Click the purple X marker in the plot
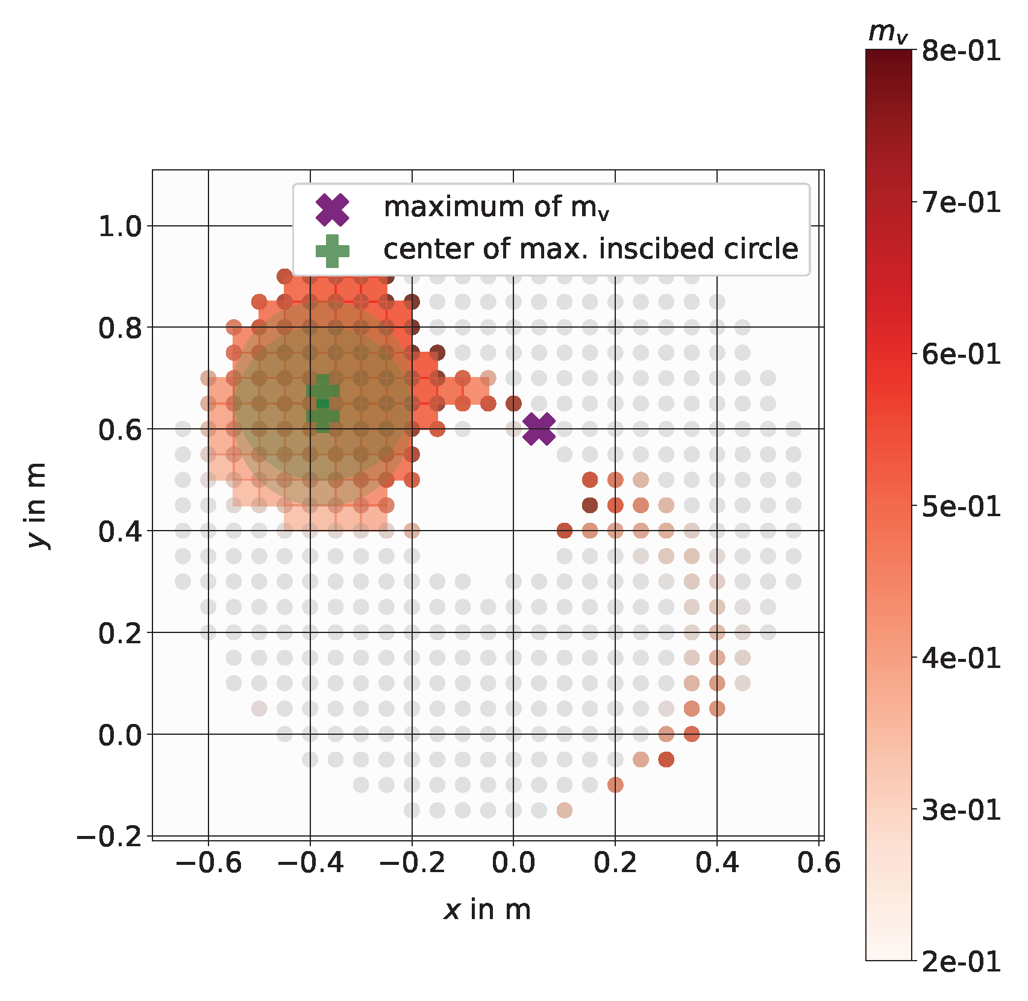pos(539,429)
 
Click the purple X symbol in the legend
pos(333,209)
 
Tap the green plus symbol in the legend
pos(333,251)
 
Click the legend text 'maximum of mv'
pos(497,207)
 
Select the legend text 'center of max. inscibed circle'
pos(591,249)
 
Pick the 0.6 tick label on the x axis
pos(818,862)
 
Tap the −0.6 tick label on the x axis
pos(208,862)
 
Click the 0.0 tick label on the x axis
pos(513,862)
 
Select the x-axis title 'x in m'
pos(487,909)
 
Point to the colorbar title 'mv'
pos(888,33)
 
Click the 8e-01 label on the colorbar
pos(961,51)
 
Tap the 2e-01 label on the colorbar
pos(961,961)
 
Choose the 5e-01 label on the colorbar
pos(961,506)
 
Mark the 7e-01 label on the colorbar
pos(961,202)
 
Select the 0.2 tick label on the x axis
pos(615,862)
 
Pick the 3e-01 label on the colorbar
pos(961,809)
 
